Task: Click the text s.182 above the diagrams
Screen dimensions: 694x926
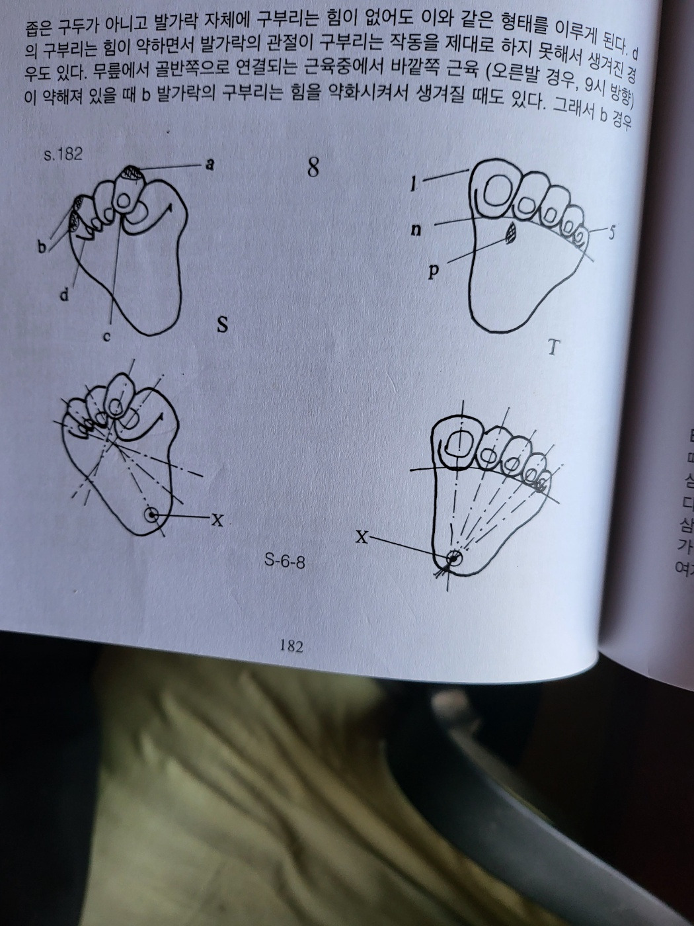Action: click(63, 155)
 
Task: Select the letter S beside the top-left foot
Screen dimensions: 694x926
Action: click(223, 325)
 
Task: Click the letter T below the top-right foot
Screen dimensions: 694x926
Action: click(553, 347)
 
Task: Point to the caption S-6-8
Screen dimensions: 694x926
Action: click(285, 562)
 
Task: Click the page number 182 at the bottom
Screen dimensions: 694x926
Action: click(291, 646)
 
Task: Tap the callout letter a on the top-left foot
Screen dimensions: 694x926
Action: click(210, 165)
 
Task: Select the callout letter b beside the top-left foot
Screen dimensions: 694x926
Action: click(42, 247)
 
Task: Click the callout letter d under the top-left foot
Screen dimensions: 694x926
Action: click(64, 296)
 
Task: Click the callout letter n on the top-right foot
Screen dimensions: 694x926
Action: click(416, 230)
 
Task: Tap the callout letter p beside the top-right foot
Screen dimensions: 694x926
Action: click(433, 272)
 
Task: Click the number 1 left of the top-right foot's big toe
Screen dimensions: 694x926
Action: click(414, 185)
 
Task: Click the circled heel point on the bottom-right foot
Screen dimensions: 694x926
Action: click(453, 559)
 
